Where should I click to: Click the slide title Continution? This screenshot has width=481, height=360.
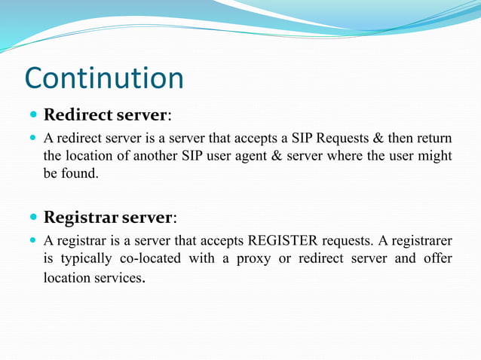(x=104, y=78)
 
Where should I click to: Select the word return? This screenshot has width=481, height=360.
(x=434, y=138)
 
